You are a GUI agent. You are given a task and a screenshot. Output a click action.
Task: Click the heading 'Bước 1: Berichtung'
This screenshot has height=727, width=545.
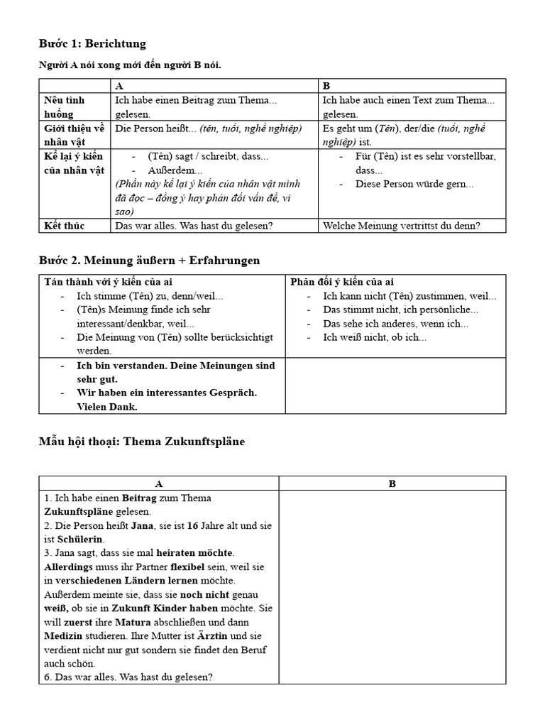click(92, 44)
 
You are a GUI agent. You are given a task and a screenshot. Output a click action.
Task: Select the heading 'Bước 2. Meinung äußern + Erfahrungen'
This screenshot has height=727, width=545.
click(149, 261)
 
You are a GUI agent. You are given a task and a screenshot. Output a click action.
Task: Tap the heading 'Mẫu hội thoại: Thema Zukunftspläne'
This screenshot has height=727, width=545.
click(142, 442)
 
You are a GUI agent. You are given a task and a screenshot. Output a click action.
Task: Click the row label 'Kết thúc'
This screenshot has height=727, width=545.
click(64, 226)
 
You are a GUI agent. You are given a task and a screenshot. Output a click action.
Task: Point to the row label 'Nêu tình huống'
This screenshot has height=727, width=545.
click(64, 107)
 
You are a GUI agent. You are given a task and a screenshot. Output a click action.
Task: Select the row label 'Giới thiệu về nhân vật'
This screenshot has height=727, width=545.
click(71, 135)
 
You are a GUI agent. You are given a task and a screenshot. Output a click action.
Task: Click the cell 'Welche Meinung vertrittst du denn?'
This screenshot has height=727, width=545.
click(411, 226)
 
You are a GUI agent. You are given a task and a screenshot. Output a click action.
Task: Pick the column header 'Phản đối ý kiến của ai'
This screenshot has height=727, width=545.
click(342, 282)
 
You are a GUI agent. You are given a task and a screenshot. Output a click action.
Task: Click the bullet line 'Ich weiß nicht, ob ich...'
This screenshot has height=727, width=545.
click(374, 337)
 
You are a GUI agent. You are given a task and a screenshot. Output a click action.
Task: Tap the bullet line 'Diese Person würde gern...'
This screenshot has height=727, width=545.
click(414, 185)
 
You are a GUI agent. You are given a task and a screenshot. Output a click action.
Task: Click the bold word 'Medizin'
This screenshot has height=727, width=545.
click(64, 635)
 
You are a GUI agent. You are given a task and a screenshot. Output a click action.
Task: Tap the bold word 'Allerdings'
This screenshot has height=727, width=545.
click(70, 567)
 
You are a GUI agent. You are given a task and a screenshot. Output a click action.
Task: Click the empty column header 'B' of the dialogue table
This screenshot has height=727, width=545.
click(392, 483)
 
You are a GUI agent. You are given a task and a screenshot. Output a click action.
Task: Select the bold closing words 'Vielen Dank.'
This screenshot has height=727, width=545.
click(107, 407)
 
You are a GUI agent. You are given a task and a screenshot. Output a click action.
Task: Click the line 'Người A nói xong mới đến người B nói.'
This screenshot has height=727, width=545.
click(130, 65)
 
